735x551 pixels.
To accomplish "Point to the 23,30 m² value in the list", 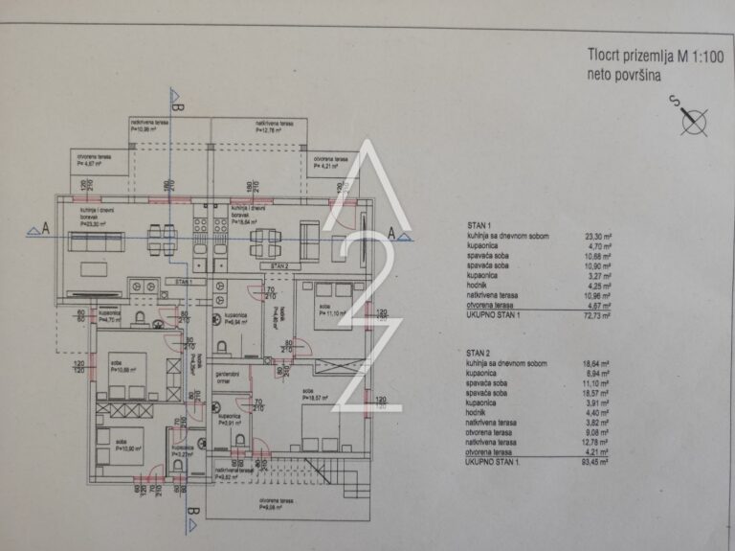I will point(598,236).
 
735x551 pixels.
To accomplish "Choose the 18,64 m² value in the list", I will point(598,363).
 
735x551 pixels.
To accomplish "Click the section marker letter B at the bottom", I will point(192,513).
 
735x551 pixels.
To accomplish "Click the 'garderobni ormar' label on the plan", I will point(228,378).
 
